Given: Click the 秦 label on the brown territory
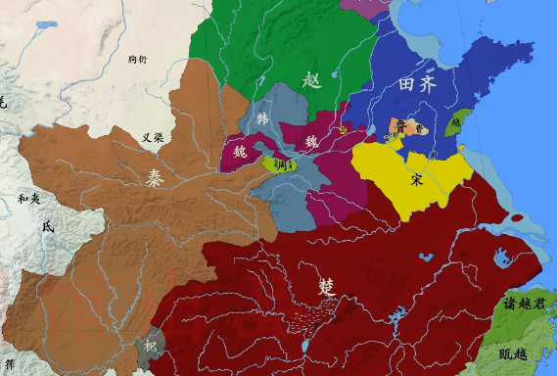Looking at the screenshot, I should (x=156, y=178).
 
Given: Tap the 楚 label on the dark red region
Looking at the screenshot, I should (x=326, y=286).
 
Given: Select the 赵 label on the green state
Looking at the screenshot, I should (x=312, y=79).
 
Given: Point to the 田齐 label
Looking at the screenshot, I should (x=417, y=85).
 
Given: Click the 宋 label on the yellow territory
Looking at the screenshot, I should (x=417, y=179).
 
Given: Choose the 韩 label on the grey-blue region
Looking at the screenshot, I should (x=262, y=118).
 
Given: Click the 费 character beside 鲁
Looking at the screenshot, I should (x=419, y=125).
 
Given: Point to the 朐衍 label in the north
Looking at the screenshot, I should (x=137, y=60).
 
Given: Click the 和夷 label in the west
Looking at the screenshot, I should (x=29, y=199).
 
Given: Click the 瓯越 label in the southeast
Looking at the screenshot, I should (x=512, y=353).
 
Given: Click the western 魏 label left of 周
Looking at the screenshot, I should (x=240, y=152).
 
